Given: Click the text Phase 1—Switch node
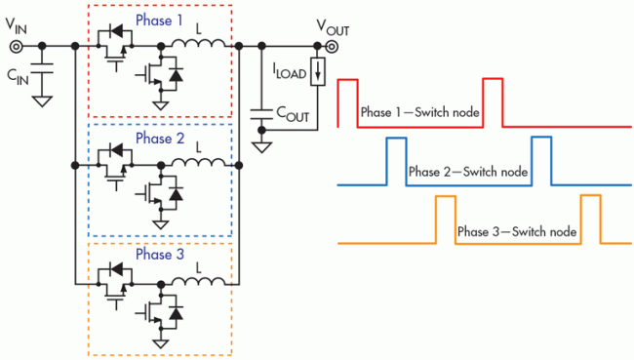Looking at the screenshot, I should (419, 111).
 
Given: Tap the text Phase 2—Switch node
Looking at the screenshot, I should (468, 172).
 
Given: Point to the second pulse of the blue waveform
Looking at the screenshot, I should (540, 161).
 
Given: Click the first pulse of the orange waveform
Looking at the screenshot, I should (445, 220).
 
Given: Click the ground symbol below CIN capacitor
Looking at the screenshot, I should (40, 100).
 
